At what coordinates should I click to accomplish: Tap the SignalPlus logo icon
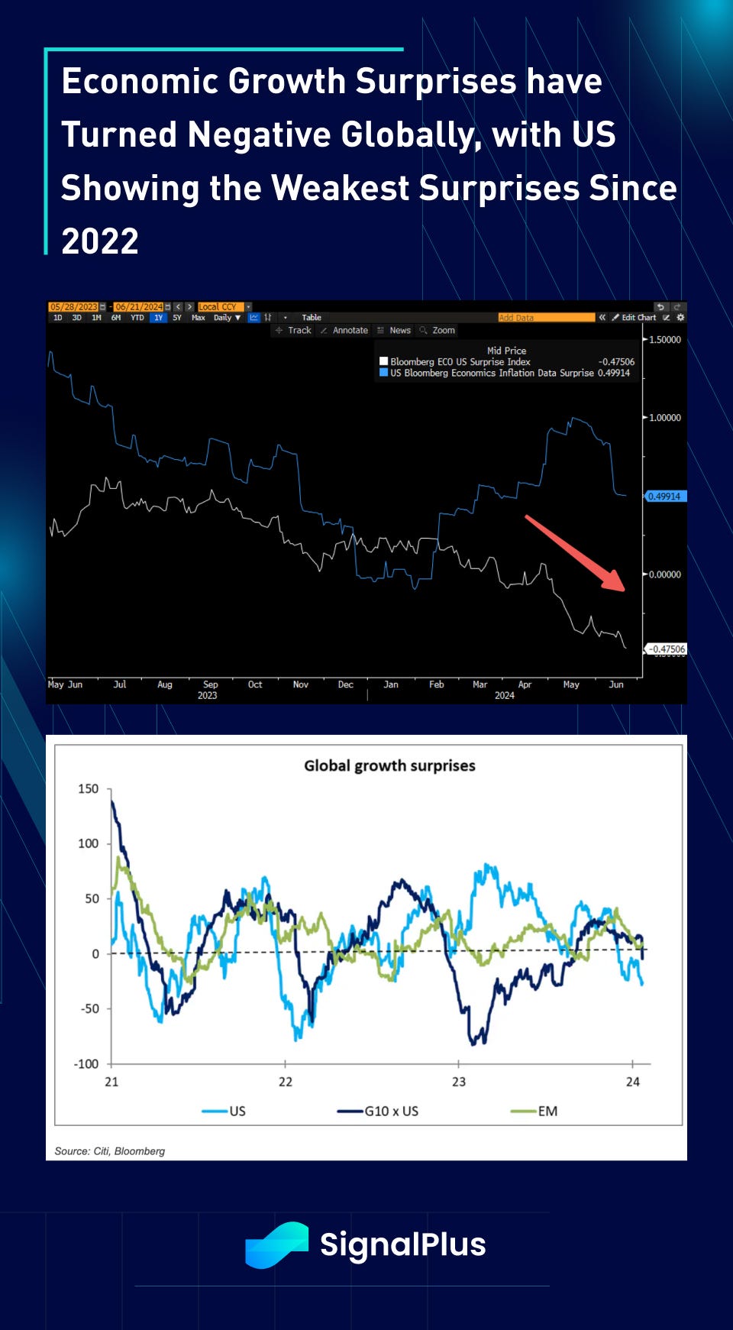pyautogui.click(x=276, y=1244)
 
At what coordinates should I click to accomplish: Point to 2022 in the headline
pyautogui.click(x=100, y=242)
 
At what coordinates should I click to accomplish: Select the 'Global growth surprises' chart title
pyautogui.click(x=389, y=765)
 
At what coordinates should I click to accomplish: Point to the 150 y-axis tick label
pyautogui.click(x=89, y=788)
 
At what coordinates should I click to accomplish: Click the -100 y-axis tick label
pyautogui.click(x=86, y=1063)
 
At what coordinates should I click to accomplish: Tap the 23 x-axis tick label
pyautogui.click(x=458, y=1082)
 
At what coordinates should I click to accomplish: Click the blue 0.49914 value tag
pyautogui.click(x=664, y=497)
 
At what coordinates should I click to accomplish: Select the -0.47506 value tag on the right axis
pyautogui.click(x=667, y=649)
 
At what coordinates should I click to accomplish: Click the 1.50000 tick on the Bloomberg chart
pyautogui.click(x=664, y=340)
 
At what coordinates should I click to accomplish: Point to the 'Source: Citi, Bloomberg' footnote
pyautogui.click(x=110, y=1151)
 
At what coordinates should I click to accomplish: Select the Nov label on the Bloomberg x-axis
pyautogui.click(x=301, y=684)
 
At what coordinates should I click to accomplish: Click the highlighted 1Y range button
pyautogui.click(x=158, y=318)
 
